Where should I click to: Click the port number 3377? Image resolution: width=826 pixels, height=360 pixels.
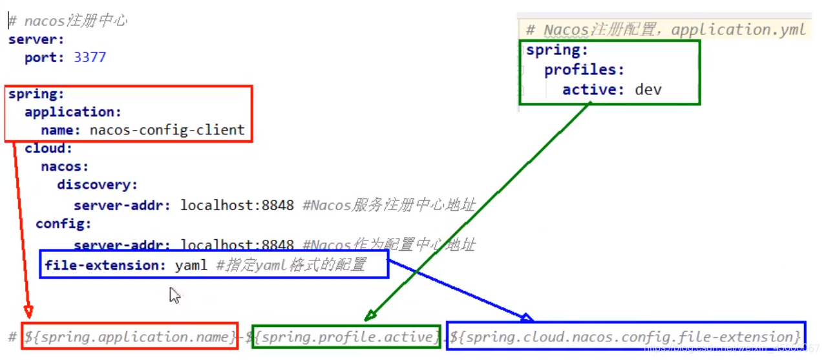(90, 58)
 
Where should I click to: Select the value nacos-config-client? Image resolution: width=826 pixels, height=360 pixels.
(167, 130)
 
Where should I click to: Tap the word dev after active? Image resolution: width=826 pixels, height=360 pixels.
(648, 89)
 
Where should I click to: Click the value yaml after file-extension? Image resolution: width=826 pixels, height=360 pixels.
(191, 265)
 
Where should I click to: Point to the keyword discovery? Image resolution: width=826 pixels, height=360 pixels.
(98, 185)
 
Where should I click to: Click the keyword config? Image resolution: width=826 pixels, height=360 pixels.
(63, 224)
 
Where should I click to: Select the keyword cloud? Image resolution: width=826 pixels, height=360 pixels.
(49, 149)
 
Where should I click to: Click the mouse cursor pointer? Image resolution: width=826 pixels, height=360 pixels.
(174, 295)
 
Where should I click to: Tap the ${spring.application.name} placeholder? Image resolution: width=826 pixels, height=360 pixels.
(130, 337)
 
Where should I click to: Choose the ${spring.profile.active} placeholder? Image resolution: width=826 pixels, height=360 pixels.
(346, 337)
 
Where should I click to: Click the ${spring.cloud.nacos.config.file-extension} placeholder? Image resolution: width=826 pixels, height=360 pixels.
(626, 337)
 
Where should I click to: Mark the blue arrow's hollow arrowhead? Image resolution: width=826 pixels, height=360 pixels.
(526, 317)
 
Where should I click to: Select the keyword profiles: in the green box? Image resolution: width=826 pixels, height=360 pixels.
(584, 69)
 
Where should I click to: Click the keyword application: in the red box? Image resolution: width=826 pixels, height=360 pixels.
(73, 112)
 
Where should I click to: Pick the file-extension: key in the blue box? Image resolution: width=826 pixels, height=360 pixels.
(105, 265)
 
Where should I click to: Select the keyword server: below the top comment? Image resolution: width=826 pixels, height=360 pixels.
(32, 39)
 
